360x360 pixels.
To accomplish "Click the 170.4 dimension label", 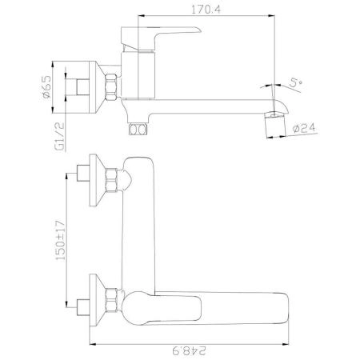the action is [206, 10].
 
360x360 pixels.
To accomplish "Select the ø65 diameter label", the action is [46, 87].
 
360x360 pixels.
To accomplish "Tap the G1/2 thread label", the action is [60, 137].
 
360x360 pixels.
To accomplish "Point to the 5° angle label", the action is [295, 83].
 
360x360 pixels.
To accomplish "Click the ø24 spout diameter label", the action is [304, 128].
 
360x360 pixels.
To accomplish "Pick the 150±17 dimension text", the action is [60, 240].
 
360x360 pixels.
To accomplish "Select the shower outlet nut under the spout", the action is [138, 130].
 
